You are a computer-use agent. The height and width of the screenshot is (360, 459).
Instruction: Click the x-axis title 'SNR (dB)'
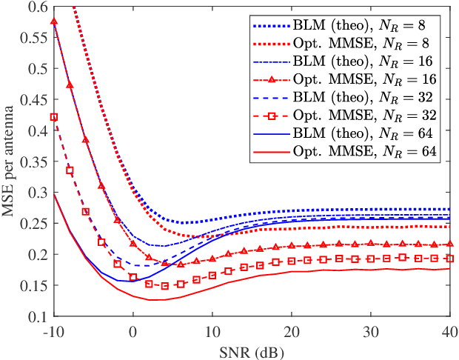point(251,347)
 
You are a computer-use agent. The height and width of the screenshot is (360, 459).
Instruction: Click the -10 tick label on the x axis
point(53,330)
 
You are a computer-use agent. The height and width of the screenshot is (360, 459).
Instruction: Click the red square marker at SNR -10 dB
point(54,117)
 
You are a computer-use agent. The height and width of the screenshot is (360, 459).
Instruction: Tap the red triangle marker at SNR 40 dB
point(449,244)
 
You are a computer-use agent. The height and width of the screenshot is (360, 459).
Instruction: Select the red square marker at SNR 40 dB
point(449,259)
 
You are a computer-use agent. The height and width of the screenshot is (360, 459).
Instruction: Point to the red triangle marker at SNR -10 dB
point(54,21)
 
